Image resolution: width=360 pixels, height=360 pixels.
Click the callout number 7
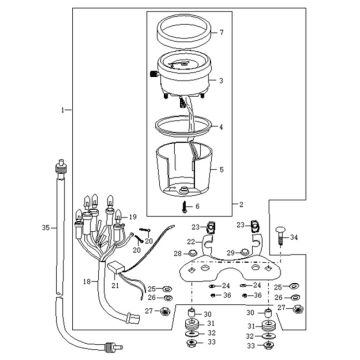coord(222,32)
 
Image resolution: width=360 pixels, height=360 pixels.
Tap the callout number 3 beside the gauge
coord(221,81)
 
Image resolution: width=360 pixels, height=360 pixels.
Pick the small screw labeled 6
coord(184,206)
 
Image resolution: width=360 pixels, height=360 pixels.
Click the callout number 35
coord(46,228)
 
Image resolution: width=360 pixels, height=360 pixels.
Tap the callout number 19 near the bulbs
coord(133,217)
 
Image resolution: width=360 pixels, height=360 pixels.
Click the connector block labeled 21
coord(115,267)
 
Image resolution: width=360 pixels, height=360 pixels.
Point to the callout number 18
coord(87,282)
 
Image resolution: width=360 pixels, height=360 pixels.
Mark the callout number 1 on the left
coord(62,110)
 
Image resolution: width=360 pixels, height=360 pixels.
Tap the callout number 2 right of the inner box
coord(241,204)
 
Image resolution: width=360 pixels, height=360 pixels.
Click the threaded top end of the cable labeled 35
coord(59,167)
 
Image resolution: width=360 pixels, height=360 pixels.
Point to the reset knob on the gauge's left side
coord(154,74)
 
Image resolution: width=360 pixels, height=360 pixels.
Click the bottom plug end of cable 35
coord(113,347)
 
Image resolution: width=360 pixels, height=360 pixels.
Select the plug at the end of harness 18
coord(133,319)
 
